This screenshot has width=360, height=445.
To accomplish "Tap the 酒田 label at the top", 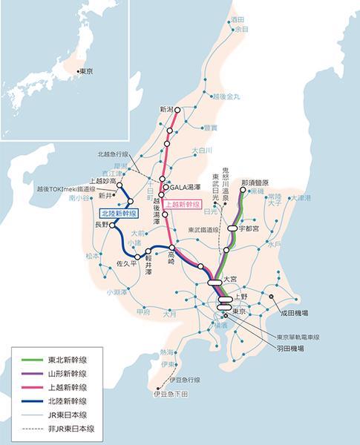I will coord(238,19).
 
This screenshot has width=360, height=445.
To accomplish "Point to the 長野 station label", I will coord(101,224).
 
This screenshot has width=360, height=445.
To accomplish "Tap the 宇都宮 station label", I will coord(252,231).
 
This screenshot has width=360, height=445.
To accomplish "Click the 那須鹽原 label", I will coord(256,182).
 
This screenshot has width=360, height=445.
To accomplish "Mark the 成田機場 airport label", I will coord(295,314).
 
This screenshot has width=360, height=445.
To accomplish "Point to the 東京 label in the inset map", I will coord(87,73).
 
